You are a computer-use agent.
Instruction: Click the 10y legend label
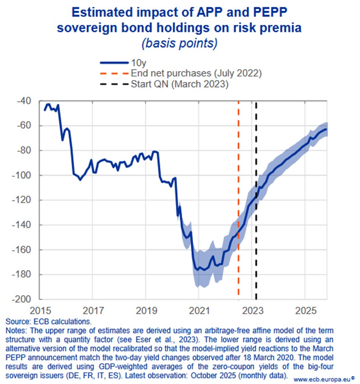tap(138, 63)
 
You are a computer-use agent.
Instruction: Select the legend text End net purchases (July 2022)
tap(196, 74)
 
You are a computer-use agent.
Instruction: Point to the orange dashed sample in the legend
tap(114, 74)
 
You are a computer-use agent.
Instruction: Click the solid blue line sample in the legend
tap(114, 63)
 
